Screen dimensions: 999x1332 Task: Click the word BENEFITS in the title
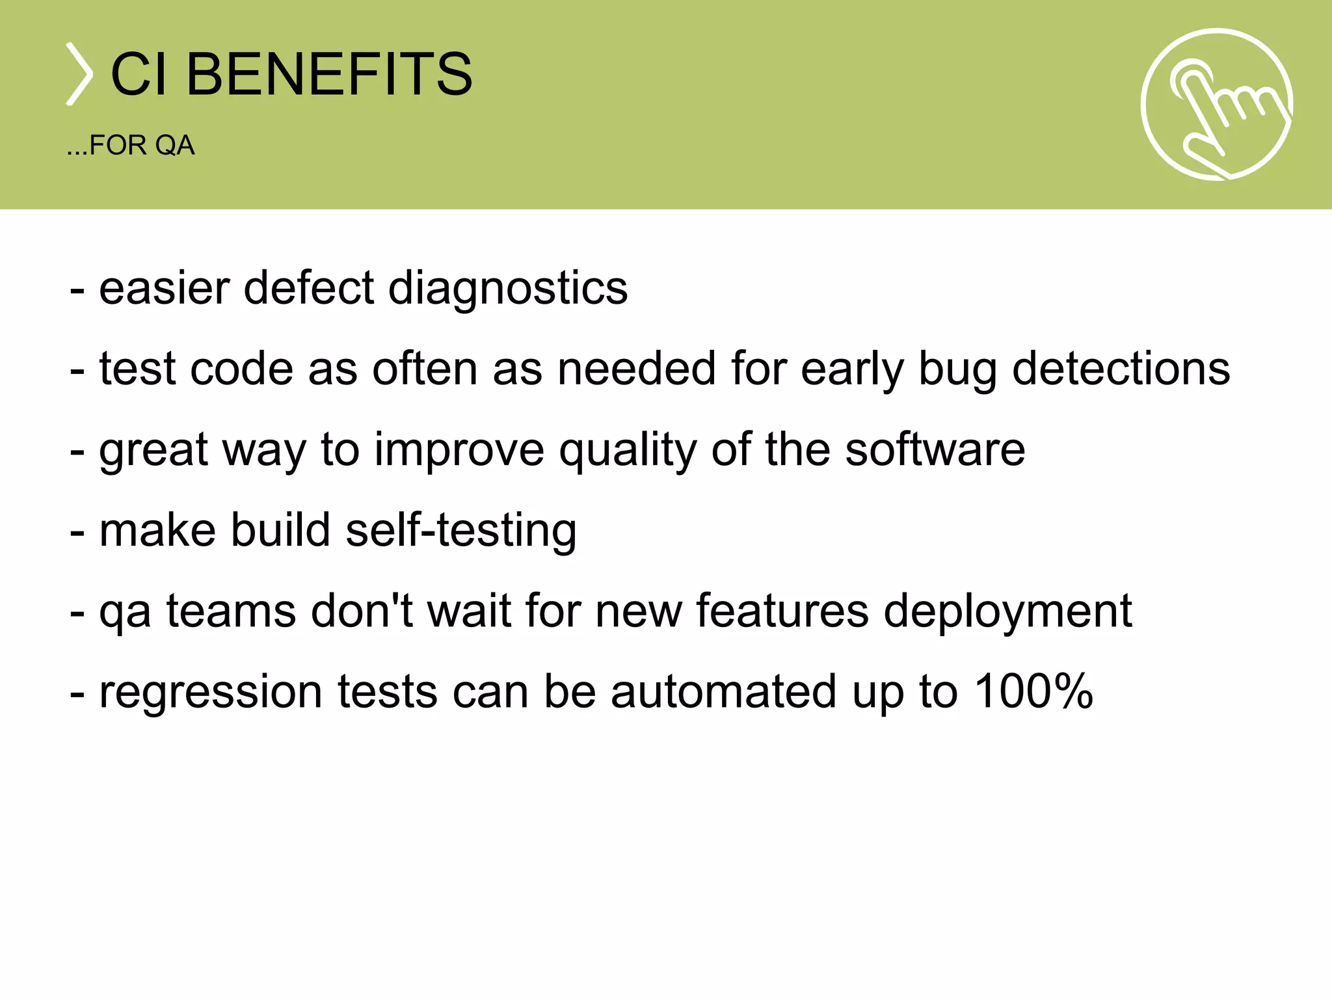pos(329,74)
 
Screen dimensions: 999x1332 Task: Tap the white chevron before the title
pos(79,74)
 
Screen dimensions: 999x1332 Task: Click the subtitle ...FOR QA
pos(131,146)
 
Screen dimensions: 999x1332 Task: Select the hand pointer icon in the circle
pos(1216,104)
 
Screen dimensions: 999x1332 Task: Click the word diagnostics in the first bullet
pos(508,288)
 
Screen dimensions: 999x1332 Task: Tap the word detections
pos(1121,369)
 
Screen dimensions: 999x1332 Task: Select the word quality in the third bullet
pos(628,450)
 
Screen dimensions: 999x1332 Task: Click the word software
pos(935,449)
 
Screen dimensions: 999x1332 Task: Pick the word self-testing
pos(461,531)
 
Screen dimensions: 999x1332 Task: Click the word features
pos(782,611)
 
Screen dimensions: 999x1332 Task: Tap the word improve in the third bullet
pos(459,450)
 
